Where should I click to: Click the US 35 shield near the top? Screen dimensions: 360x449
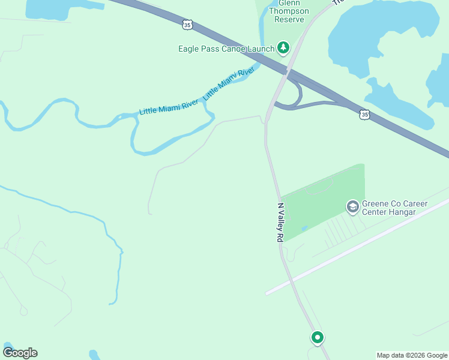click(187, 24)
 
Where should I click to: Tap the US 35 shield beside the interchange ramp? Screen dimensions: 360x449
click(364, 114)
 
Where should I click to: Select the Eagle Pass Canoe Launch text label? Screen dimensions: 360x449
click(226, 49)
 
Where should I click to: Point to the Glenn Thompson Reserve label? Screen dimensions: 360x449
click(291, 11)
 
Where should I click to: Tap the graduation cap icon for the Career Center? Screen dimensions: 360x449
click(352, 206)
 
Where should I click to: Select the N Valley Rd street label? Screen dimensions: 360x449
click(280, 222)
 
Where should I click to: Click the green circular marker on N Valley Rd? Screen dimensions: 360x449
click(317, 337)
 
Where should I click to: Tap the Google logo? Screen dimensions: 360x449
click(20, 353)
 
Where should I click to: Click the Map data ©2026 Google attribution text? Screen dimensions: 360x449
click(412, 355)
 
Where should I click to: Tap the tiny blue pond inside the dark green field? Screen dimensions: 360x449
click(304, 228)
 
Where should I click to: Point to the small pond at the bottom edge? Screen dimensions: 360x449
click(94, 355)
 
